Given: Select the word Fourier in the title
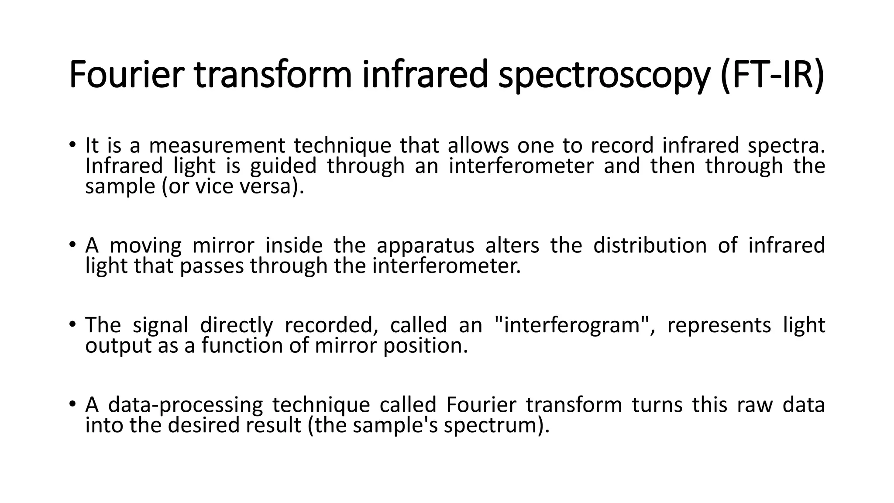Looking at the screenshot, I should pos(124,75).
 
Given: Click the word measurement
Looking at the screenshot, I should pos(217,145).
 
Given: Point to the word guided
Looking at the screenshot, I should pos(283,166).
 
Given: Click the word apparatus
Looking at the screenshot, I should pos(425,245).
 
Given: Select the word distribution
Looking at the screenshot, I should pos(650,245).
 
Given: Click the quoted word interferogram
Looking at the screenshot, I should pos(572,325).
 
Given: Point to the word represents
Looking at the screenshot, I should pos(719,325).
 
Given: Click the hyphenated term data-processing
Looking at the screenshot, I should pos(186,405).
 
